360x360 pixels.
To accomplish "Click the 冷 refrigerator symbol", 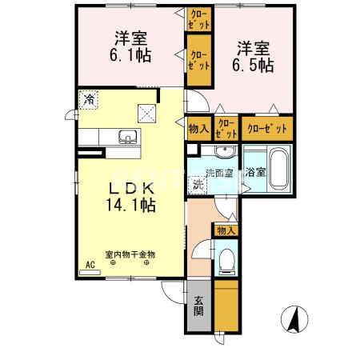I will point(90,101).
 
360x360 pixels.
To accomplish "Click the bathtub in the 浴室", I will point(276,166).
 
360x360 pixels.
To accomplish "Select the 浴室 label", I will point(255,172).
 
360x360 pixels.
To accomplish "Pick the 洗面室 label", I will point(218,173).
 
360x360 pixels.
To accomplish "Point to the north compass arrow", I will point(294,321).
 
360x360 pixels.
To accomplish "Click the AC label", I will point(90,265).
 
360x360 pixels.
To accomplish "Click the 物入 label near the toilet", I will point(226,230).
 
